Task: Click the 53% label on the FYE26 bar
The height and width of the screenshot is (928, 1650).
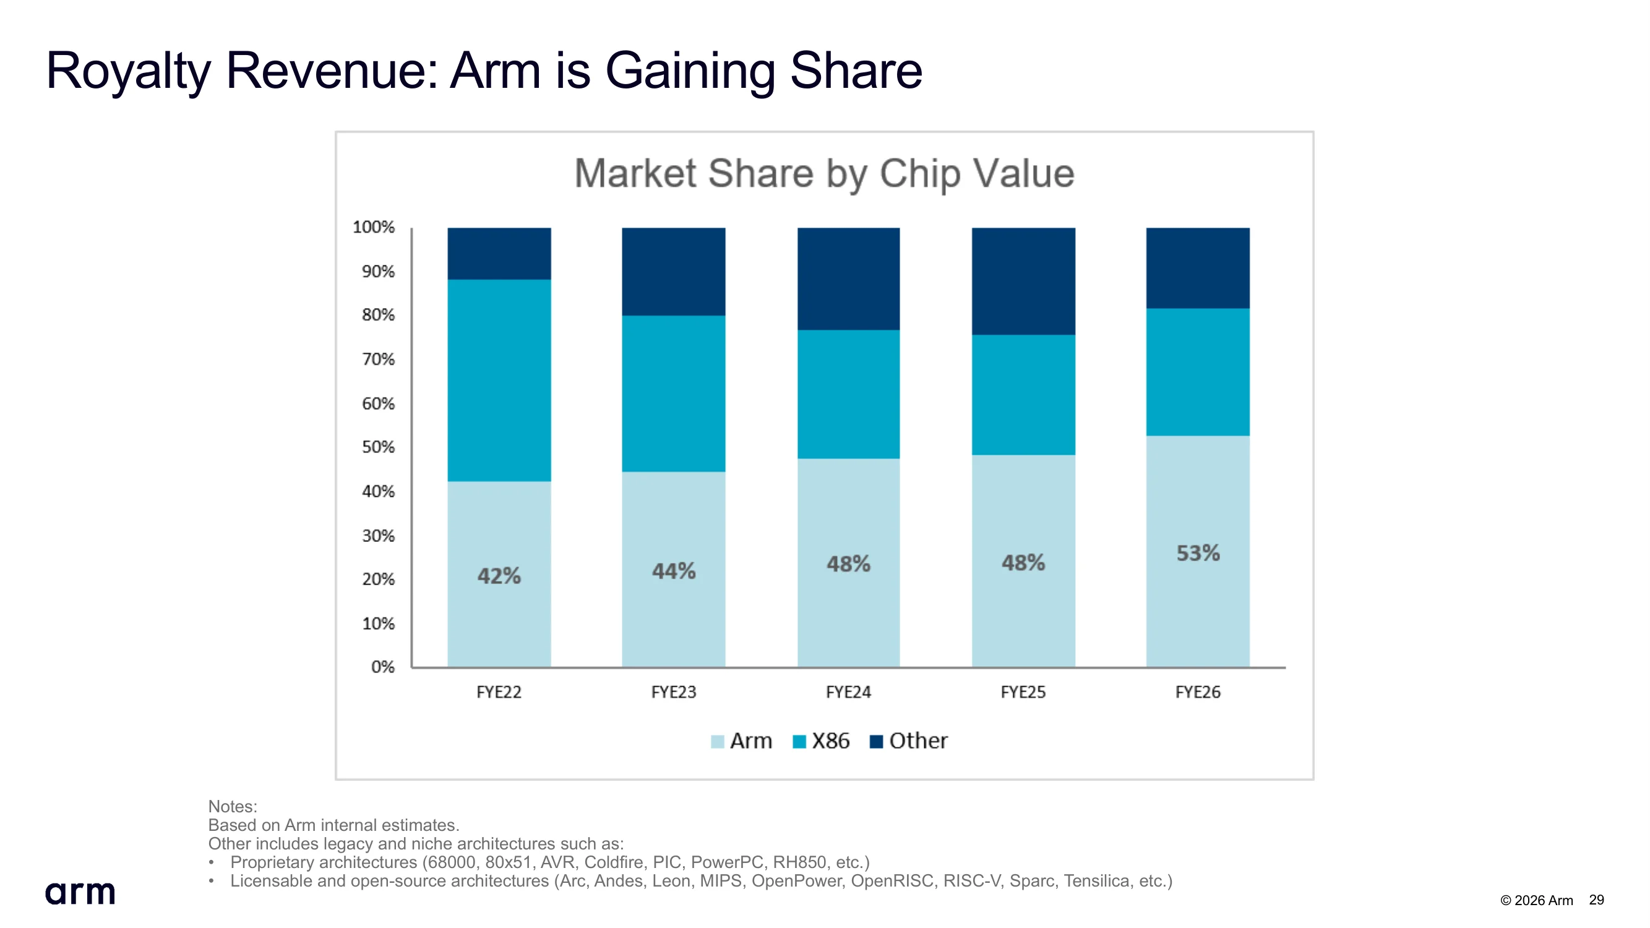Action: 1198,553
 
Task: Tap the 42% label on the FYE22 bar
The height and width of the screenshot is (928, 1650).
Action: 499,576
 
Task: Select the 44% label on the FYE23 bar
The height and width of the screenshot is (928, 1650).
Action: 674,571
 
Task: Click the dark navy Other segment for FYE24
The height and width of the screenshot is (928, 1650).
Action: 849,278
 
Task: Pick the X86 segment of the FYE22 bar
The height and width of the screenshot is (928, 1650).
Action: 499,380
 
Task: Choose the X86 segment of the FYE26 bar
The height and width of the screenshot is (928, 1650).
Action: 1198,372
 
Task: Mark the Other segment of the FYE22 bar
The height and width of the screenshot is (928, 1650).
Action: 499,254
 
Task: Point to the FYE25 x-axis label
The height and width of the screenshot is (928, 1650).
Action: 1023,692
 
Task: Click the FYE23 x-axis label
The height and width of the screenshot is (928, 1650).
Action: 674,692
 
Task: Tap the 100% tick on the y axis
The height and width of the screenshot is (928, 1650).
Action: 374,227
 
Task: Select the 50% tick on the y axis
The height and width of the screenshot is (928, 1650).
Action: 378,447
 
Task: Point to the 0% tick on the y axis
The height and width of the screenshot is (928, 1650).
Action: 382,668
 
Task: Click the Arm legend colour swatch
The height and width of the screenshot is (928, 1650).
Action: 718,742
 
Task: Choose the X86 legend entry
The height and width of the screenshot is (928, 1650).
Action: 821,741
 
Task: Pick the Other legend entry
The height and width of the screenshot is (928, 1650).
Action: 908,741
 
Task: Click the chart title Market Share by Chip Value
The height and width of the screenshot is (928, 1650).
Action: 824,174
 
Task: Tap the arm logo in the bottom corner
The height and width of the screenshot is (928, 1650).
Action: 80,893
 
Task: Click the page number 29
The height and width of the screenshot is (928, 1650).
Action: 1596,900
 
